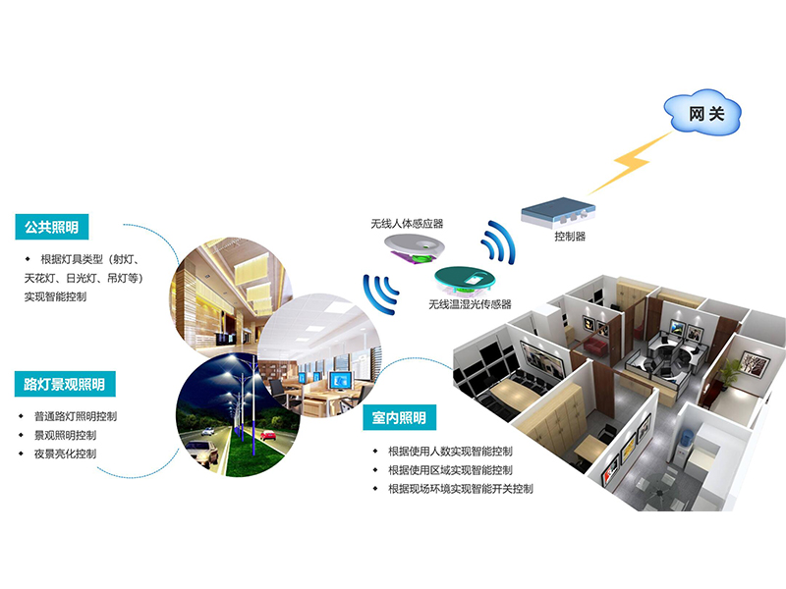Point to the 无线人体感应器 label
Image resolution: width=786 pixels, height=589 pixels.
pyautogui.click(x=407, y=224)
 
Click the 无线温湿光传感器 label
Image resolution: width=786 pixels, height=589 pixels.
pyautogui.click(x=470, y=304)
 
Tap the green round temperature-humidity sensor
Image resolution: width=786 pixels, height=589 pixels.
pyautogui.click(x=464, y=279)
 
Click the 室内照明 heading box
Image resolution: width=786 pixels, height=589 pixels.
pyautogui.click(x=399, y=418)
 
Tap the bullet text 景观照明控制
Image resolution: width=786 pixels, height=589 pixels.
pyautogui.click(x=65, y=435)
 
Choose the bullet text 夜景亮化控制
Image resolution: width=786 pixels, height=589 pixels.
pyautogui.click(x=65, y=454)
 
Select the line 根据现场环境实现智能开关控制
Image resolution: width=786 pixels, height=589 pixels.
pyautogui.click(x=461, y=488)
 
